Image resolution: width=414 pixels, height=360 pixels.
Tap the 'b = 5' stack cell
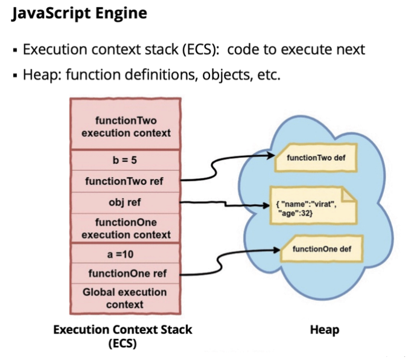coord(125,161)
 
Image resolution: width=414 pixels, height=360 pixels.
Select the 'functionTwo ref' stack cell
coord(125,181)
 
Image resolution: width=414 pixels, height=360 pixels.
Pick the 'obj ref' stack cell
coord(125,201)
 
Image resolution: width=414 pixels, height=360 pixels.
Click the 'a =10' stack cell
coord(125,254)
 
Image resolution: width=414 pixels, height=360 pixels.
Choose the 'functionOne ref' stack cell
coord(125,274)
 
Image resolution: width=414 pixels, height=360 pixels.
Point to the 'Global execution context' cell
coord(125,298)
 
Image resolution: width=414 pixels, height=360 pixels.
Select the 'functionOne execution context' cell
coord(125,228)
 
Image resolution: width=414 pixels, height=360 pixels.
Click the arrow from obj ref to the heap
coord(223,204)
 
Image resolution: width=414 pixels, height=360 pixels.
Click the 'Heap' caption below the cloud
coord(324,330)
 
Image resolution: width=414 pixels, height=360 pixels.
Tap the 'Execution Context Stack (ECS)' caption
coord(123,336)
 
